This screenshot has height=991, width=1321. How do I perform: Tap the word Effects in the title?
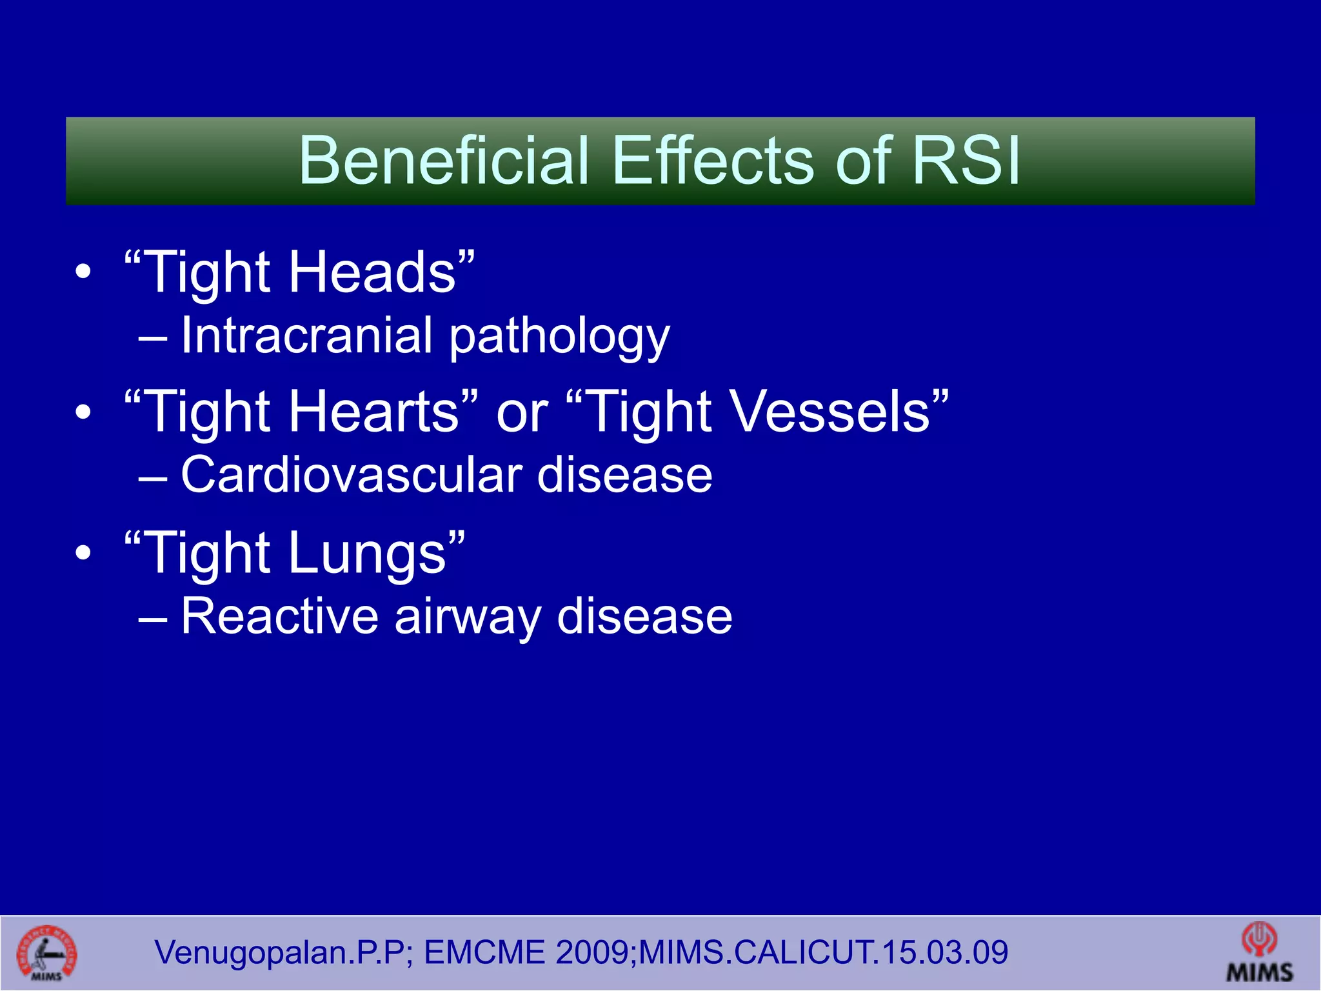[713, 161]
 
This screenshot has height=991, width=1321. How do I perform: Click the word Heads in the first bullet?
[372, 272]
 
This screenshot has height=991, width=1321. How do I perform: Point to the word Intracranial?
[306, 335]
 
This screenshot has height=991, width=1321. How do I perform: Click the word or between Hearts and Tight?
[522, 414]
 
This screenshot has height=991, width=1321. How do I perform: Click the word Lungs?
[367, 554]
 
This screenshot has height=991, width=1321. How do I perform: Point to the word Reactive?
[279, 616]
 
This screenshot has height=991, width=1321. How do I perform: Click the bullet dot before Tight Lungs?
[83, 554]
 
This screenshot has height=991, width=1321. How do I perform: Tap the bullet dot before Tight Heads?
[83, 272]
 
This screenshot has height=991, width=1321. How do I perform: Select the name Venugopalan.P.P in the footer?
[281, 953]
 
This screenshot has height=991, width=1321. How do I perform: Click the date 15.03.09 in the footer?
[944, 953]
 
